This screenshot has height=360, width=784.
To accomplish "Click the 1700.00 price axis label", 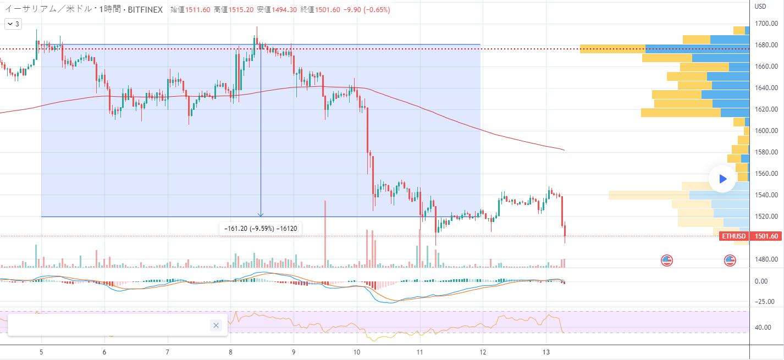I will [x=765, y=24].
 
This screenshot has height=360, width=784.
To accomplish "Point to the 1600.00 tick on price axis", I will [x=765, y=131].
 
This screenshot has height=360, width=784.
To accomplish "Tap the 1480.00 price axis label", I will [x=765, y=259].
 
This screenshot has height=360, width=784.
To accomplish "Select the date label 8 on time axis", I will [x=231, y=352].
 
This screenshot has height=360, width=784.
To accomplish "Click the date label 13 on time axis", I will [x=546, y=352].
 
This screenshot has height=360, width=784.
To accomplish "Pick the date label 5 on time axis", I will [x=42, y=352].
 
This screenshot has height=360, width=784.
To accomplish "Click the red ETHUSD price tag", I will [x=733, y=236].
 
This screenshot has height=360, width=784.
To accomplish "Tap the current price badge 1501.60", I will [x=766, y=236].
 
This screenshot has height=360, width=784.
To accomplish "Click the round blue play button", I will [x=722, y=179].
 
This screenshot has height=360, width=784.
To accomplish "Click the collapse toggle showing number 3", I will [x=13, y=24].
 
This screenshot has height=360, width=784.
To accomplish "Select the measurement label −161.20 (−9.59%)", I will [x=261, y=229].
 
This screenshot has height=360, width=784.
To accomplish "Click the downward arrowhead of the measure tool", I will [x=261, y=214].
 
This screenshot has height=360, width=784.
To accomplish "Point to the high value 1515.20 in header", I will [x=241, y=9].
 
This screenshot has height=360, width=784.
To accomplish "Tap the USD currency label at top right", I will [x=760, y=7].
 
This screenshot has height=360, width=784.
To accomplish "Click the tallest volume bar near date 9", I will [x=325, y=234].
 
